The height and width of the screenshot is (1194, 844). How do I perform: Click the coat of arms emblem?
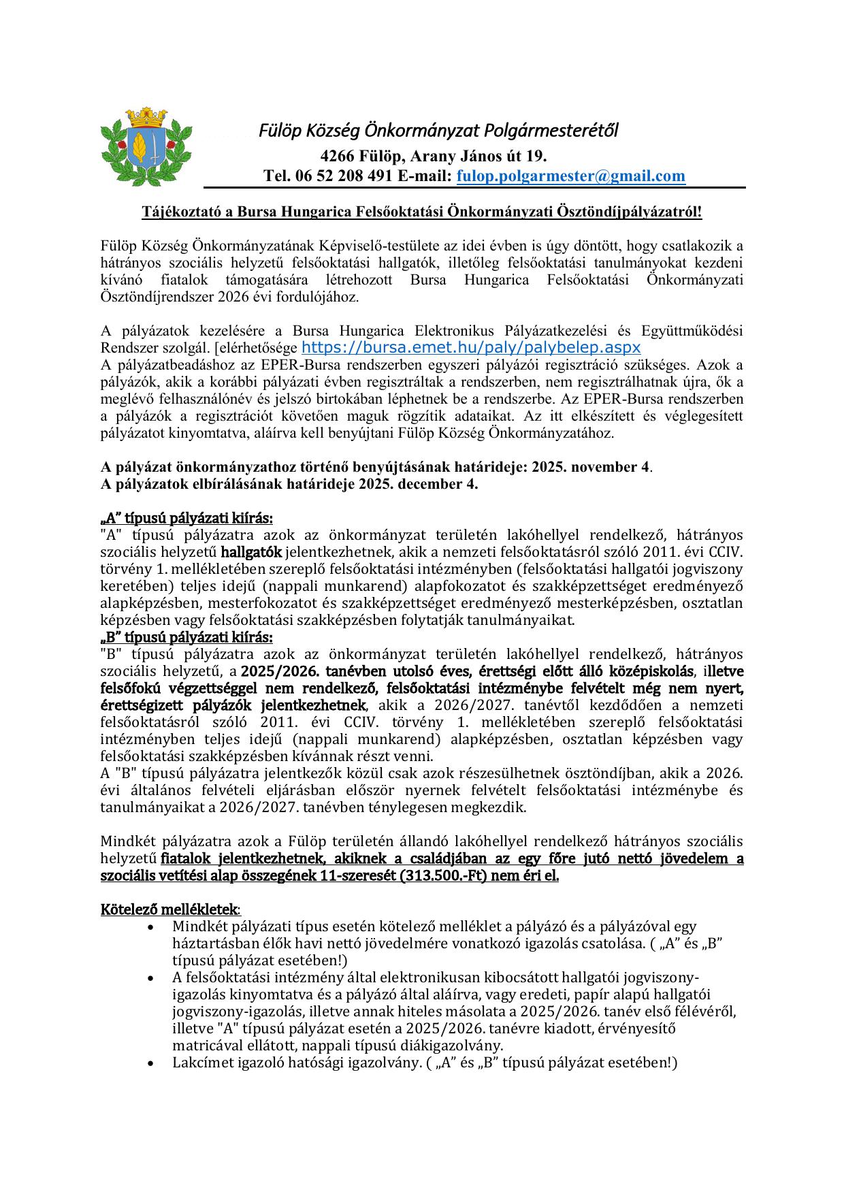(x=146, y=146)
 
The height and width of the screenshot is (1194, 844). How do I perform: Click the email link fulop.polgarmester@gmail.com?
(x=570, y=176)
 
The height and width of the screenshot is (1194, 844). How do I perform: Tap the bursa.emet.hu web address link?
(x=471, y=348)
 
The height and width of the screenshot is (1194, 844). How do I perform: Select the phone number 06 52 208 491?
(x=344, y=176)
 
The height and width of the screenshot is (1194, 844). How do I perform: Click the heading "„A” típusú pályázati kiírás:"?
(x=187, y=518)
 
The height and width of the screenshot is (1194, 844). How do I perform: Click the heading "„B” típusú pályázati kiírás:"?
(x=186, y=637)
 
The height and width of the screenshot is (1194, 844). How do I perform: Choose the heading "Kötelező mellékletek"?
(x=169, y=909)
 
